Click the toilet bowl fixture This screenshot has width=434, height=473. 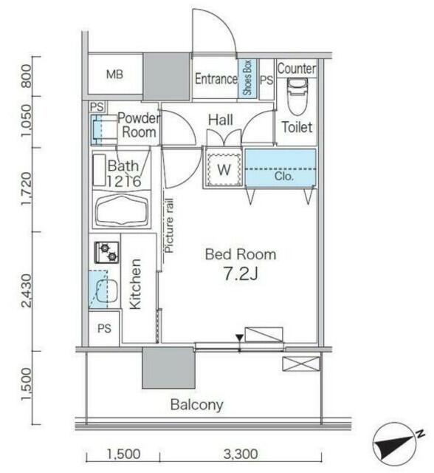click(297, 95)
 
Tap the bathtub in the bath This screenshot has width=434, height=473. click(122, 209)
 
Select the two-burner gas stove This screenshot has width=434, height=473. click(106, 252)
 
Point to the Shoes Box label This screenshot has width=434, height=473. click(247, 78)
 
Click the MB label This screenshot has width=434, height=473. click(114, 74)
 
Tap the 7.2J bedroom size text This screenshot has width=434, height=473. click(241, 274)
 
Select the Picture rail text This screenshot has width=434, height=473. click(169, 225)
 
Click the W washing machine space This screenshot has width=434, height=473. click(224, 170)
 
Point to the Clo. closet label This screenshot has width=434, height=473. click(284, 176)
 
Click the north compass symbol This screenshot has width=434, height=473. click(396, 443)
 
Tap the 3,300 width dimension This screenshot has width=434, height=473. click(241, 454)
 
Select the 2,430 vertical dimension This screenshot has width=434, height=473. click(27, 290)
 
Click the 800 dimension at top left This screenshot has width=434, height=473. click(27, 76)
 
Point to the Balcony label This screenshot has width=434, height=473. click(197, 405)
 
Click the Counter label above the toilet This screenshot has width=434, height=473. click(297, 69)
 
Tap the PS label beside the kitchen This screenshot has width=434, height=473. click(104, 328)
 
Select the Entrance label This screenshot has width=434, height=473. click(216, 79)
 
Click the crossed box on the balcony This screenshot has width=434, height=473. click(300, 364)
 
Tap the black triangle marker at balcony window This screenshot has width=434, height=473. click(239, 338)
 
